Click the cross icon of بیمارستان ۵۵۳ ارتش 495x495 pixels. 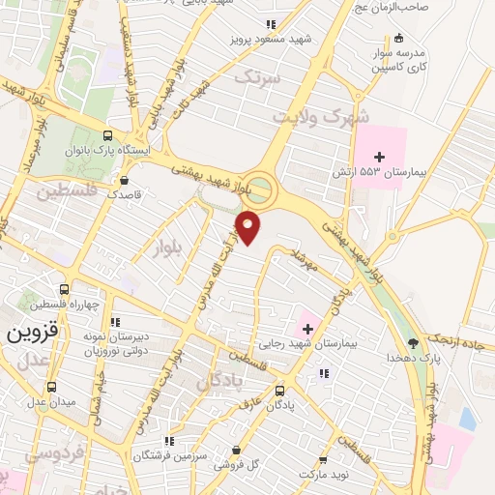[x=378, y=157]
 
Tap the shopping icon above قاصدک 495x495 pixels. [x=124, y=180]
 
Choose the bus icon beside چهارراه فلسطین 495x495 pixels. [x=65, y=289]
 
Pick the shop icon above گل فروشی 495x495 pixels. [x=238, y=450]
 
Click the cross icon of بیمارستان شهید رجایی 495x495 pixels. [x=307, y=330]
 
